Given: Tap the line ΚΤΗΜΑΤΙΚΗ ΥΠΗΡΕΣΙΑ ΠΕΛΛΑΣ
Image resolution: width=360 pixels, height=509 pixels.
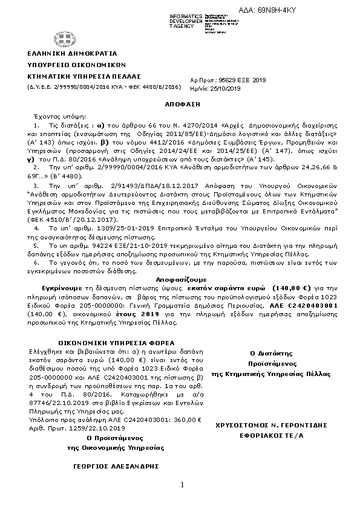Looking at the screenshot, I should pos(83,77).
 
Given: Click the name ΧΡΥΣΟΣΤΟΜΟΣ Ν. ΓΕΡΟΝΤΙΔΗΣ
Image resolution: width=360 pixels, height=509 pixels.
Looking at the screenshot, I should pos(272,426).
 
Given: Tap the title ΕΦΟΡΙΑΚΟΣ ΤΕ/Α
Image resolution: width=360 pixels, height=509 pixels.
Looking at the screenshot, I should pos(271,435).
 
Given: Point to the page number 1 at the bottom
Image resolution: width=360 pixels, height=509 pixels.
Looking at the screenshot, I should pos(181,485).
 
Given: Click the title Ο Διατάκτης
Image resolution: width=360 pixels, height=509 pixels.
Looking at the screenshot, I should pos(271,352).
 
